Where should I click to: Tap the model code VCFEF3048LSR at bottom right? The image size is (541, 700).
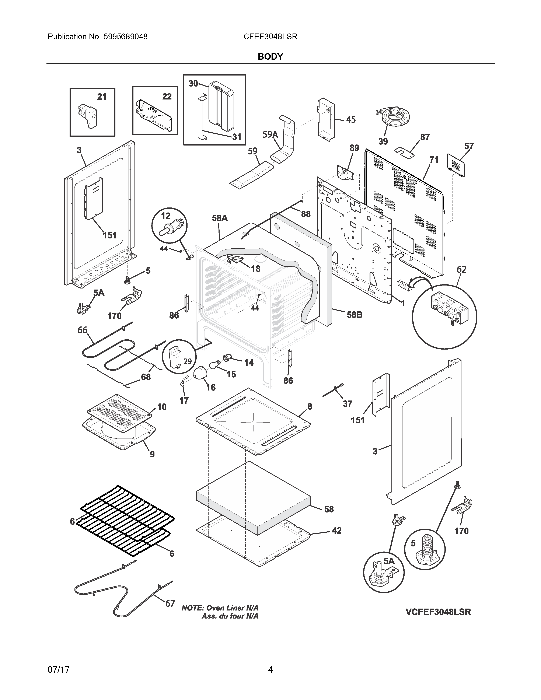438,612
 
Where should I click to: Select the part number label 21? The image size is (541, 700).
102,97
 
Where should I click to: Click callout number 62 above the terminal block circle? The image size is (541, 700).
461,270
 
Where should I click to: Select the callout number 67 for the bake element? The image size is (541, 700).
170,603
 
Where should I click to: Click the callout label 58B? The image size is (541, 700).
355,315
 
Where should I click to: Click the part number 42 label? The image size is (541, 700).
336,531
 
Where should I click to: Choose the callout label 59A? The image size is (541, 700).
270,135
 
